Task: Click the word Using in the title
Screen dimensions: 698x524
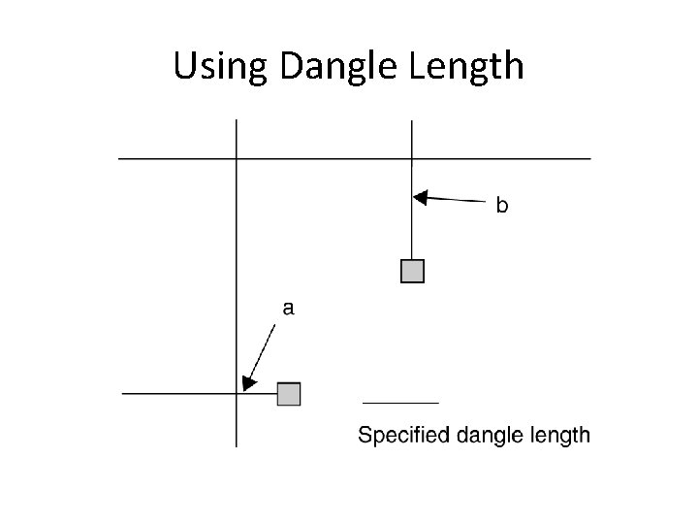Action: point(222,66)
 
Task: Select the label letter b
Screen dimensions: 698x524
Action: point(502,205)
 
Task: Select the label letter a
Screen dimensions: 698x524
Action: point(288,308)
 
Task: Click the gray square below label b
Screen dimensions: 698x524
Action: point(413,271)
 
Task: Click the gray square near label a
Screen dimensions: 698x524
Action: point(289,394)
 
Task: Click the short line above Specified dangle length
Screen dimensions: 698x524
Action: point(400,402)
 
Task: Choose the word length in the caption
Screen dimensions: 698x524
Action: point(557,435)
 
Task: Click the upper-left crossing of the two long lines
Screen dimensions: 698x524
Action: point(237,157)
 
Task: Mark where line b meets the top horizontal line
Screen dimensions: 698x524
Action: point(412,157)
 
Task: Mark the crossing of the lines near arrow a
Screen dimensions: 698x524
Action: point(237,394)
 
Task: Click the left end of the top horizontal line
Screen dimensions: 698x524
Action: point(119,157)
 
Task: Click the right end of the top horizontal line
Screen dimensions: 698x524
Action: point(589,157)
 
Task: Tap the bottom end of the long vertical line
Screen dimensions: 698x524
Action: point(237,445)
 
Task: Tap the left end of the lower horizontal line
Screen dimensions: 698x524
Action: point(123,394)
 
